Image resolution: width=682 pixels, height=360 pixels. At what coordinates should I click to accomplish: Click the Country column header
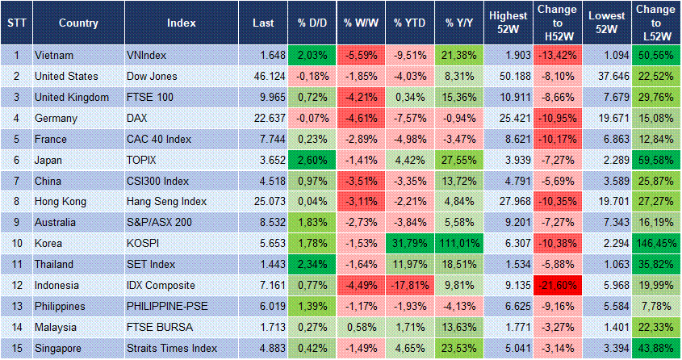79,23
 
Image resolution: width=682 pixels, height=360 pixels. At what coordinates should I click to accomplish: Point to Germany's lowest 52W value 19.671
605,119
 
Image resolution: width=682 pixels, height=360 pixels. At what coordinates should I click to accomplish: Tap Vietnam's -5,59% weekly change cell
360,56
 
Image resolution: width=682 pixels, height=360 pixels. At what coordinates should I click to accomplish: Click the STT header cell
15,23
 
